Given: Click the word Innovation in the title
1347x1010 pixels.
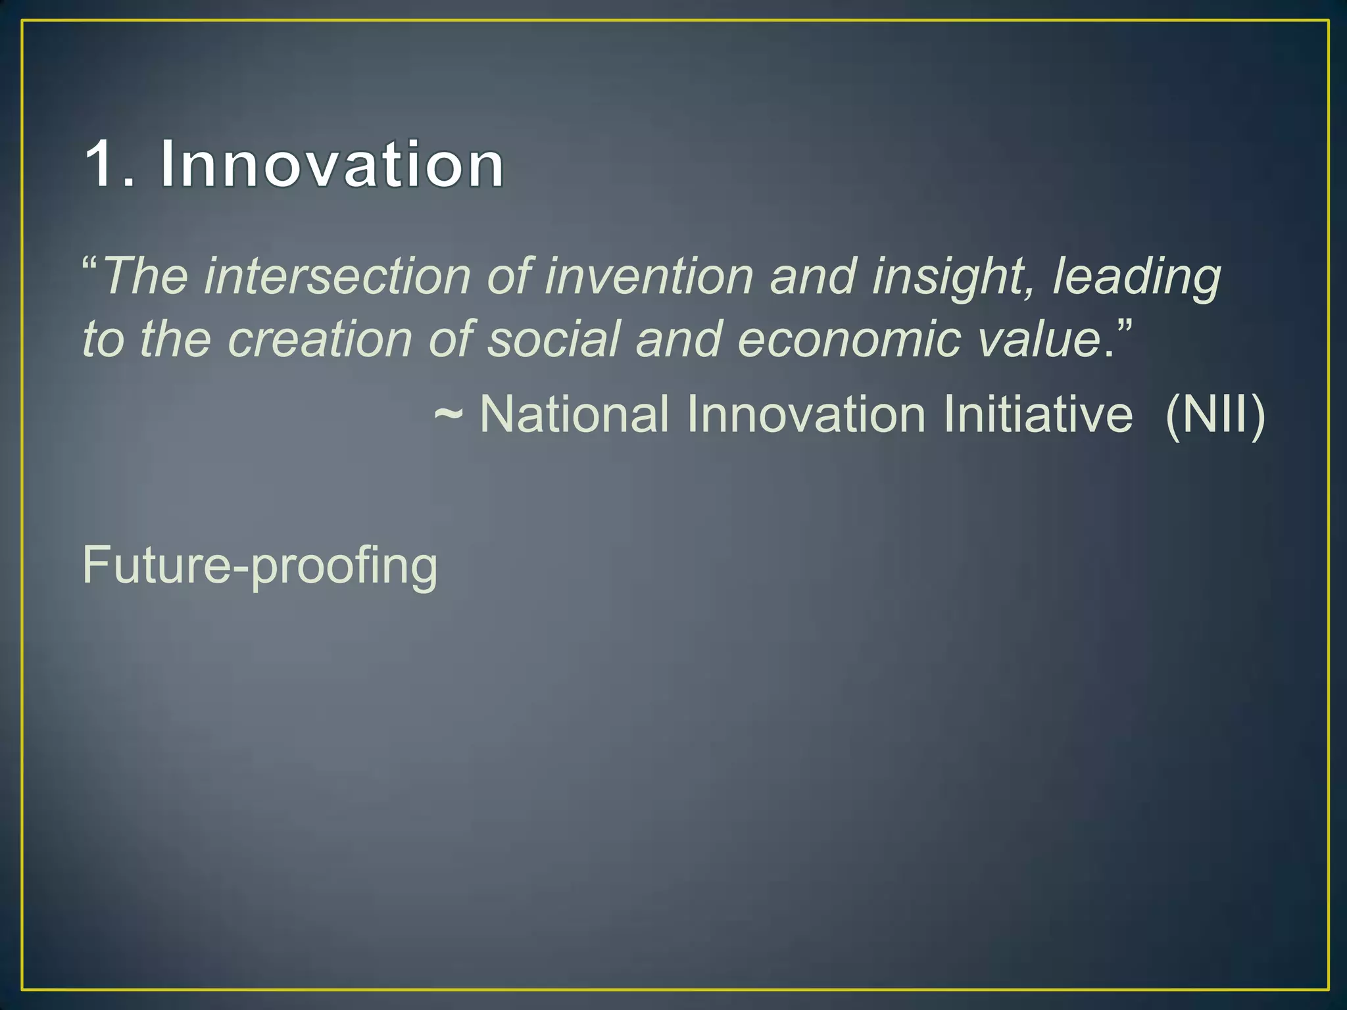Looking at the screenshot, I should [332, 164].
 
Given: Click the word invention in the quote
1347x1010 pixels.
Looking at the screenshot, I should [649, 276].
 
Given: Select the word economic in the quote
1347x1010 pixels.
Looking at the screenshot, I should [849, 339].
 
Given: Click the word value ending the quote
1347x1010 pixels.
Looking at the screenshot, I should [1039, 339].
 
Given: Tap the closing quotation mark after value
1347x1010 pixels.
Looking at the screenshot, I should [1124, 326].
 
